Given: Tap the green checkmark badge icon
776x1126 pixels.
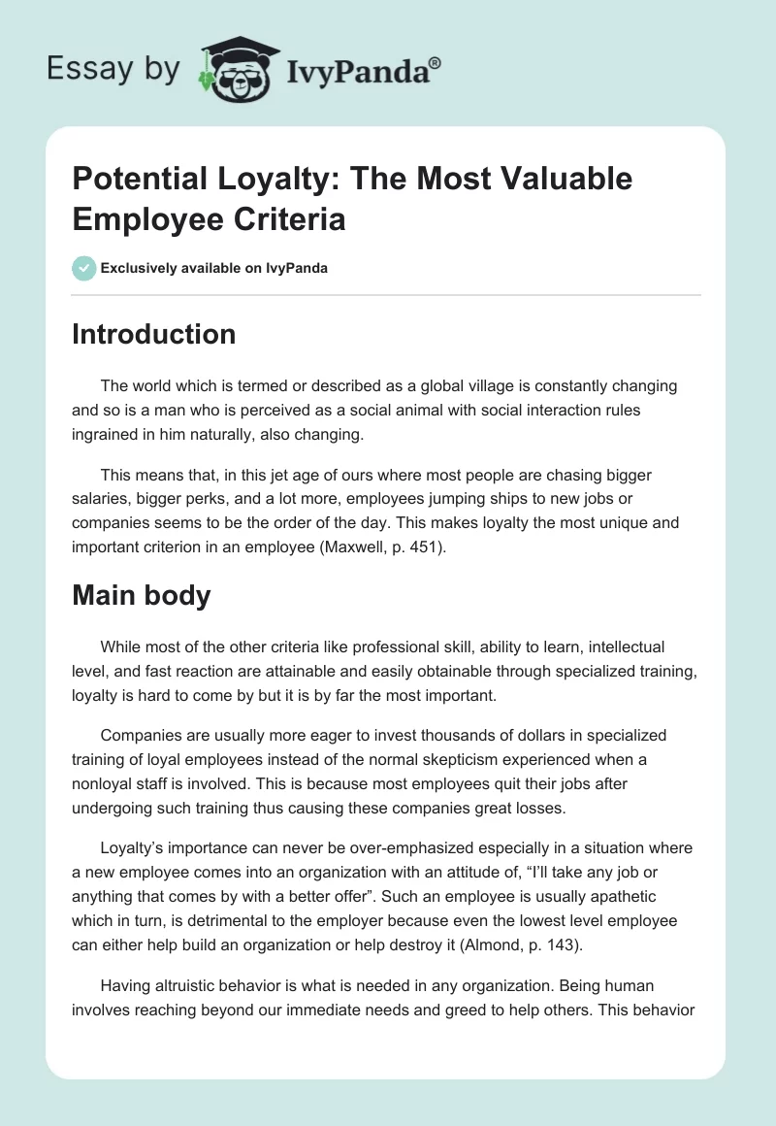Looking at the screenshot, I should (84, 268).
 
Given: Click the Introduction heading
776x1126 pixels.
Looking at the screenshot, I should (154, 334).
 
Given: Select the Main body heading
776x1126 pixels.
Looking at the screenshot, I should (142, 594).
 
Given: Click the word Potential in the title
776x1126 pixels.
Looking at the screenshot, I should (140, 179).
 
